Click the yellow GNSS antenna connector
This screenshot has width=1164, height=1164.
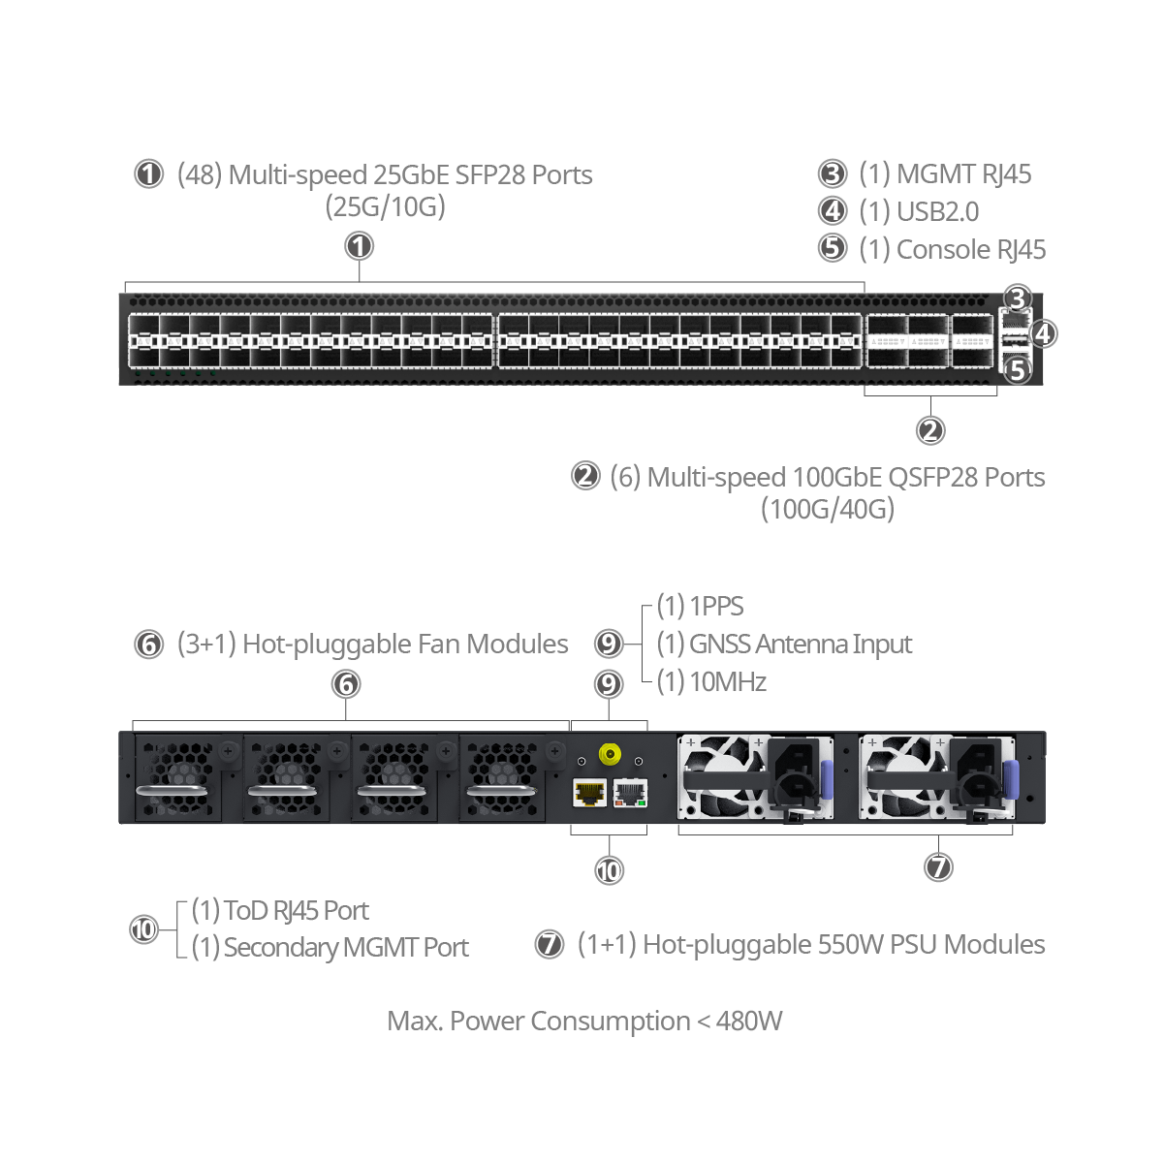pos(610,754)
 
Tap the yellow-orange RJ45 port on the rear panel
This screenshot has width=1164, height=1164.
pos(589,793)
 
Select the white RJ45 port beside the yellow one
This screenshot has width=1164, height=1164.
pos(630,793)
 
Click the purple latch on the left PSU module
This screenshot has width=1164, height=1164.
pos(827,779)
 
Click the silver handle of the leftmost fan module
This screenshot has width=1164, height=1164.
pos(173,791)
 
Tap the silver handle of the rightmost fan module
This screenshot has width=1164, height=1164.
pos(501,791)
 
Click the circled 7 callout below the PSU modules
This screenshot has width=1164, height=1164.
pos(938,866)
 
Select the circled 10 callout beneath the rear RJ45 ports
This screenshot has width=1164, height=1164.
pos(609,870)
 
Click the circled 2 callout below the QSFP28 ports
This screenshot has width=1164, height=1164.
pos(930,430)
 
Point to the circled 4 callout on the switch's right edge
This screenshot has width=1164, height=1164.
pos(1043,333)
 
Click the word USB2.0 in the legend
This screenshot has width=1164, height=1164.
pos(937,211)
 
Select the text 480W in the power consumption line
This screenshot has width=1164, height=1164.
pos(749,1021)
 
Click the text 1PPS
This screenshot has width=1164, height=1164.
pos(716,606)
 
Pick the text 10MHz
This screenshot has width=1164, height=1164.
pos(728,681)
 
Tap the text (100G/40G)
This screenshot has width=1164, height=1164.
pos(828,509)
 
